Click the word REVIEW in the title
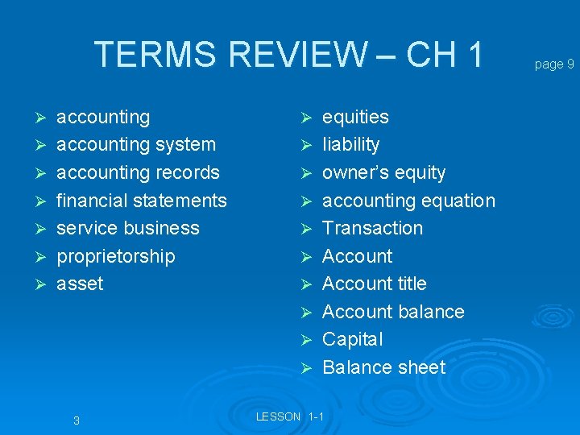pyautogui.click(x=296, y=55)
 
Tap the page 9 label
pyautogui.click(x=554, y=64)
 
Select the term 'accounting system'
pyautogui.click(x=136, y=145)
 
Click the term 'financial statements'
pyautogui.click(x=142, y=201)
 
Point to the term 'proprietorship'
pyautogui.click(x=115, y=256)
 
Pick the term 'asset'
pyautogui.click(x=80, y=284)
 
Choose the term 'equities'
pyautogui.click(x=355, y=118)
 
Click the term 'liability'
pyautogui.click(x=350, y=145)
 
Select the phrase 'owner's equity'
pyautogui.click(x=383, y=172)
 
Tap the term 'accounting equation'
pyautogui.click(x=408, y=201)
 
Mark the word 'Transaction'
pyautogui.click(x=372, y=228)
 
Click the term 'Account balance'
pyautogui.click(x=393, y=312)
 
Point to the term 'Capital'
pyautogui.click(x=352, y=339)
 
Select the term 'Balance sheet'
pyautogui.click(x=383, y=367)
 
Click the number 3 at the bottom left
pyautogui.click(x=76, y=420)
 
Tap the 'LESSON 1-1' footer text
pyautogui.click(x=289, y=416)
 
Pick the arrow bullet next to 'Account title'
pyautogui.click(x=306, y=284)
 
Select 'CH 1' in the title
pyautogui.click(x=445, y=55)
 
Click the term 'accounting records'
pyautogui.click(x=138, y=172)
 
